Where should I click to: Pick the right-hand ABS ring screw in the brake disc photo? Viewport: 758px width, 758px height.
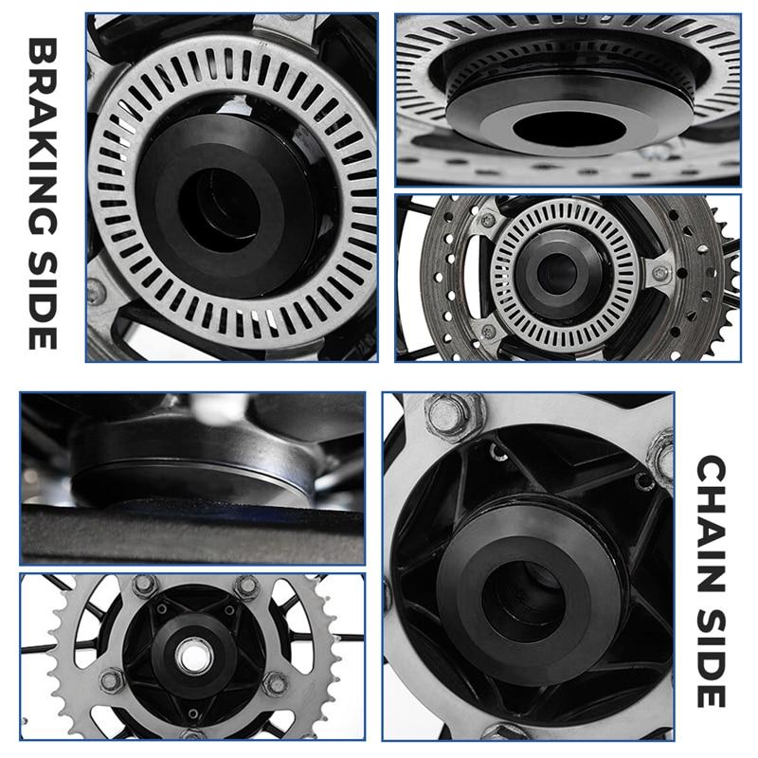[660, 274]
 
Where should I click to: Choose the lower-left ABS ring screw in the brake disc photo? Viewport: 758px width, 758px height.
[488, 332]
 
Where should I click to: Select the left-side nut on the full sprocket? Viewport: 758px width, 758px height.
[113, 679]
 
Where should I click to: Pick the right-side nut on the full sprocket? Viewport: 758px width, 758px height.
[276, 682]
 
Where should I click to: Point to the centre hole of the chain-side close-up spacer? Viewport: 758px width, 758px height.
[521, 595]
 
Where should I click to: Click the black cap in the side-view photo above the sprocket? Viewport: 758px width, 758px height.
[189, 464]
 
